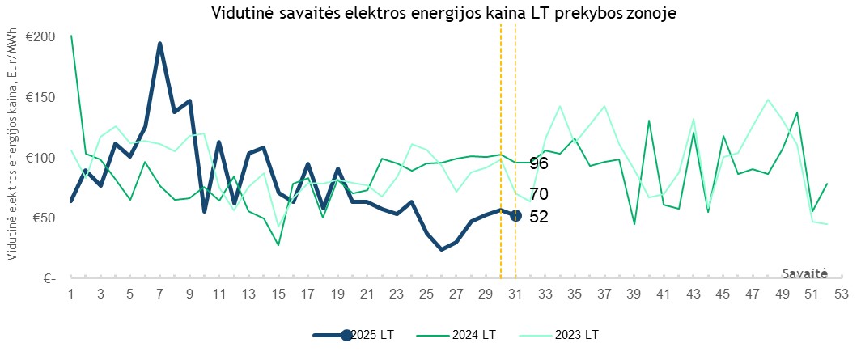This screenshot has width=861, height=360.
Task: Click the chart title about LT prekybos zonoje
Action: tap(443, 14)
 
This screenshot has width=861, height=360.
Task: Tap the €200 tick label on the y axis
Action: tap(40, 36)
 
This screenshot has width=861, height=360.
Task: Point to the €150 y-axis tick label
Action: tap(40, 97)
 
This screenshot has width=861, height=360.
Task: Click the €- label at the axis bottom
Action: tap(48, 278)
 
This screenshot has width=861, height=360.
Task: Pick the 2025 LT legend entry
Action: tap(356, 335)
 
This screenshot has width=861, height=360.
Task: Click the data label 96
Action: tap(539, 163)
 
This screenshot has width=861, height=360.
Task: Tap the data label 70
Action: tap(539, 194)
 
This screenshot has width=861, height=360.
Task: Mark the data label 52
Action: tap(539, 217)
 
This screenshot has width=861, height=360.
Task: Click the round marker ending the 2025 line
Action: tap(515, 215)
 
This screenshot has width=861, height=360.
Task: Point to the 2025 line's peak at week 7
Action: tap(159, 44)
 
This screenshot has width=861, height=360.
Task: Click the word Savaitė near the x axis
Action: tap(804, 273)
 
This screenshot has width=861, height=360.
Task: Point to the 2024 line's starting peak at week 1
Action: tap(71, 36)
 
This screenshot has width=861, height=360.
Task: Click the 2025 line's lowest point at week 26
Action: tap(442, 249)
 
